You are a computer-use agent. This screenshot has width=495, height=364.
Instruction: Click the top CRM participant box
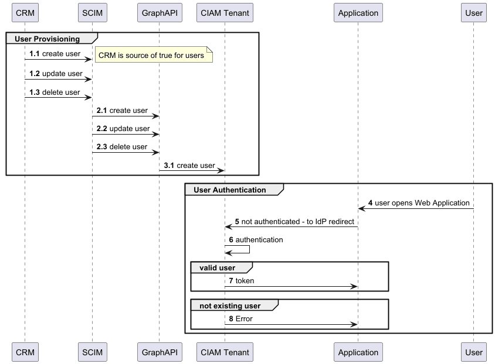(x=25, y=12)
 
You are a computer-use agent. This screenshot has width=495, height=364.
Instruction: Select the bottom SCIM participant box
(x=91, y=352)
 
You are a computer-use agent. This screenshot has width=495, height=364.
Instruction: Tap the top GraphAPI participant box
(x=158, y=12)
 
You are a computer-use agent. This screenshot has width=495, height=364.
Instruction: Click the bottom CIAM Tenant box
(x=224, y=352)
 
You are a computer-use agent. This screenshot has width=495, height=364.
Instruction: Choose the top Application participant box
(x=358, y=12)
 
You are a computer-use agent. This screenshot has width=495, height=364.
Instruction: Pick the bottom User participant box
(x=473, y=352)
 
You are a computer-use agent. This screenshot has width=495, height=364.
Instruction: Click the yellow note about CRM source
(x=151, y=56)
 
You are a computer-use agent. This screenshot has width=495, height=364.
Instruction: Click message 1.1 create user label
(x=55, y=54)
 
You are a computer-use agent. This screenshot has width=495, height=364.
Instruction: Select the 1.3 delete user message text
(x=55, y=92)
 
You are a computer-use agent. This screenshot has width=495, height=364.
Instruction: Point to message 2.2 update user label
(x=123, y=128)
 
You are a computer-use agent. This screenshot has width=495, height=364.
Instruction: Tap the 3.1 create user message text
(x=189, y=166)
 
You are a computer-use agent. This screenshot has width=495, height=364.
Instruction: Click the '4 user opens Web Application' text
(x=419, y=203)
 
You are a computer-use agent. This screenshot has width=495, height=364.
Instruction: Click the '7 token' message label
(x=241, y=281)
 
